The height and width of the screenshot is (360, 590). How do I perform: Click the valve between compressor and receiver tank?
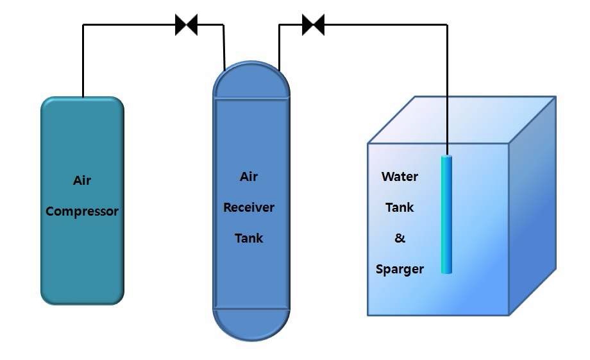pos(186,25)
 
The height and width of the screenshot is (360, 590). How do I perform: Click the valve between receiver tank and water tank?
pos(313,25)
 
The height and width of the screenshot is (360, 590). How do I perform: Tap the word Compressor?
pos(82,211)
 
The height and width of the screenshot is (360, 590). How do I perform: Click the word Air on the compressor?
pos(82,180)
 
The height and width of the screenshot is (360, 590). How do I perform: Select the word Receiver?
pos(249,207)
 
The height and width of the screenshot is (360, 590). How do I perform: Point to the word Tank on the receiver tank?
pos(249,238)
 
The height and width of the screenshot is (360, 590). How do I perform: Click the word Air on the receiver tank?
pos(249,176)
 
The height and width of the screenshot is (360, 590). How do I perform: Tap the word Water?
pos(400,176)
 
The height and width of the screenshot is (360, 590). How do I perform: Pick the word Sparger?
pos(400,269)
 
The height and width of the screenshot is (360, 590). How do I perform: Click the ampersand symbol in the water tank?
pos(400,238)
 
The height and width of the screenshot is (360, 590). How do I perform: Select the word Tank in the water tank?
pos(400,207)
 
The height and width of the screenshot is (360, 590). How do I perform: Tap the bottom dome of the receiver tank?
pos(251,324)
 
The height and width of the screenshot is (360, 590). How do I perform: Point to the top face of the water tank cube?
pos(462,119)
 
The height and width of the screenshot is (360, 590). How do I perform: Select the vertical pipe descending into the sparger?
pos(447,90)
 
